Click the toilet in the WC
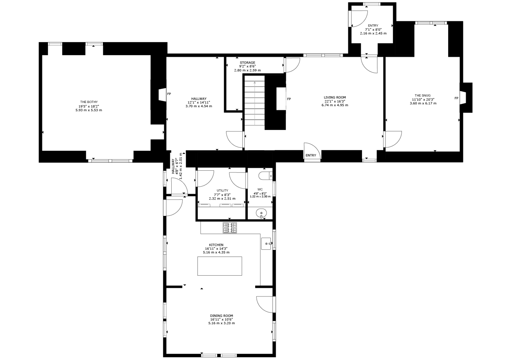point(265,175)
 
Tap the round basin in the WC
point(261,213)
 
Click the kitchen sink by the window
point(266,244)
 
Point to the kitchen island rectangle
point(220,266)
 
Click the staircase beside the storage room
point(254,100)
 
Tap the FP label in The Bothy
point(169,94)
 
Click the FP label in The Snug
point(456,98)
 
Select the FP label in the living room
point(289,99)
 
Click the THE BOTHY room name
point(89,102)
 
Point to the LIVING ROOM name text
point(335,97)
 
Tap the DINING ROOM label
point(221,316)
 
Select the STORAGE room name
point(247,62)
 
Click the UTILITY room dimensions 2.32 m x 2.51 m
point(222,198)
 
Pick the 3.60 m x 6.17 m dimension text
point(423,103)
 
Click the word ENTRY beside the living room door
point(311,155)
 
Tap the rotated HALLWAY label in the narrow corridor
point(173,166)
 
